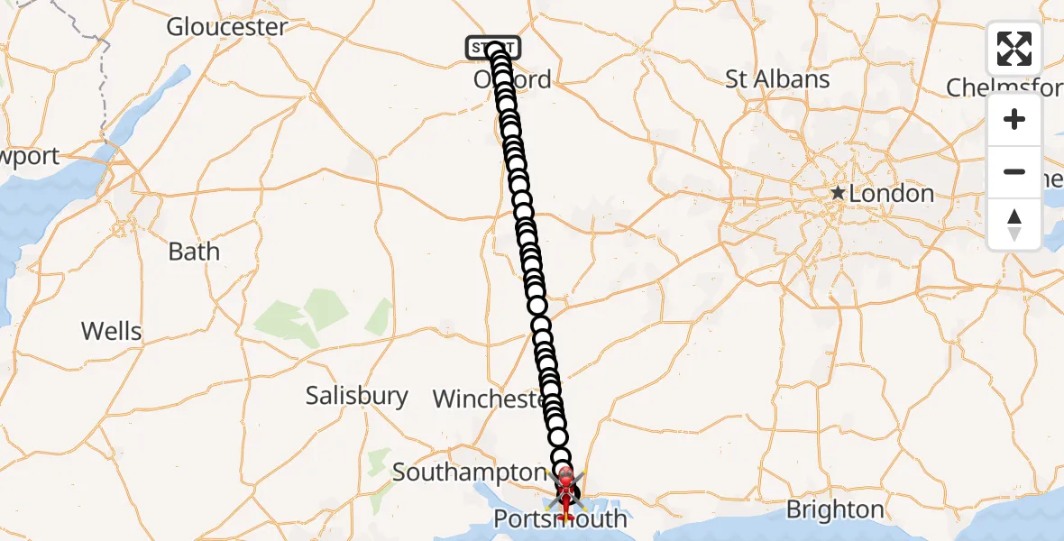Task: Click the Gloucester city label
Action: (226, 27)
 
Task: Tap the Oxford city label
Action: (512, 79)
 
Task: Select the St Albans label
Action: (777, 79)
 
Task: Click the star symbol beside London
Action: (839, 193)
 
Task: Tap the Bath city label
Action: (194, 251)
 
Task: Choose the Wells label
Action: (112, 331)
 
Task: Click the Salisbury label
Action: (356, 395)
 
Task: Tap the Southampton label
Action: (469, 472)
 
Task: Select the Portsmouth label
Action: (559, 519)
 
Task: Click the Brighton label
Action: (835, 509)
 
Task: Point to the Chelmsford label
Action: (1004, 87)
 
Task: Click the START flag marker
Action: (492, 46)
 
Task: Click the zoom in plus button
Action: (1014, 120)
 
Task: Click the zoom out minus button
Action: (1014, 171)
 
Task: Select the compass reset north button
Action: (1014, 224)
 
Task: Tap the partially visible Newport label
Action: (29, 156)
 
